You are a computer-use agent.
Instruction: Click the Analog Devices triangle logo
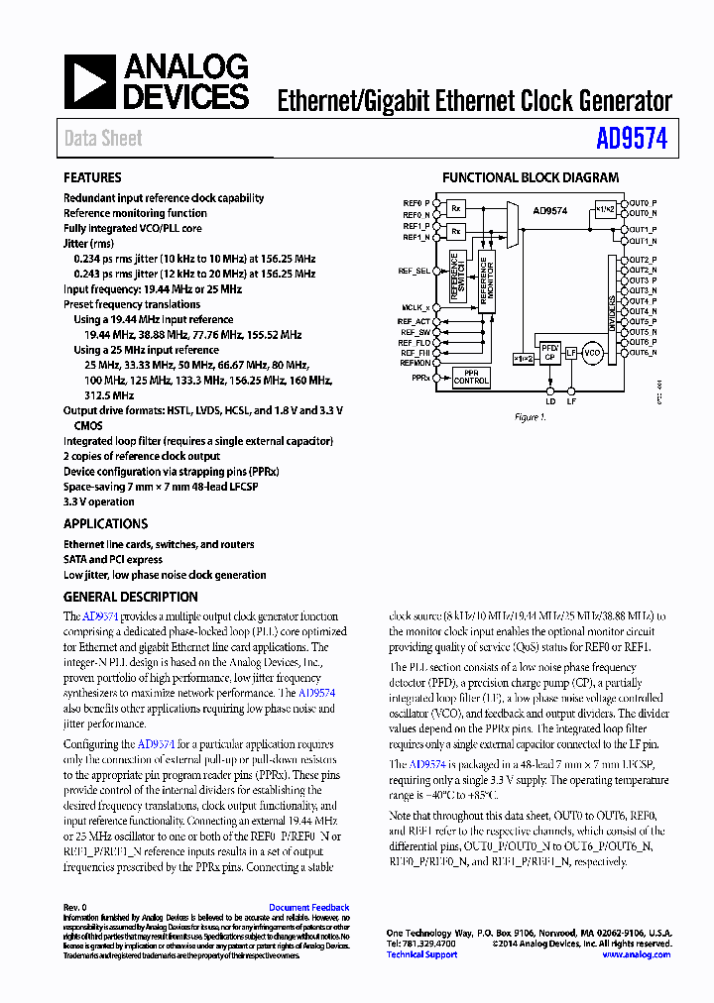tap(90, 81)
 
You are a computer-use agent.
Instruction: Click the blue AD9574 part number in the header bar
tap(632, 139)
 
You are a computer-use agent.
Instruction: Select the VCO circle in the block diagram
tap(592, 354)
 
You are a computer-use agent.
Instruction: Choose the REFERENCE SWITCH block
tap(456, 278)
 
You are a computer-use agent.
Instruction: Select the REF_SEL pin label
tap(416, 271)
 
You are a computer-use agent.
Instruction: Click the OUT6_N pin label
tap(643, 353)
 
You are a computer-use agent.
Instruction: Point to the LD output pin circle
tap(550, 389)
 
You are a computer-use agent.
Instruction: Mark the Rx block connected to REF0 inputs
tap(456, 209)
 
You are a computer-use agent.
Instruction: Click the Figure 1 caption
tap(529, 417)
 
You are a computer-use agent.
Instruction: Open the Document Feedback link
tap(308, 908)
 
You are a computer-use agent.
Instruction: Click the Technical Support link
tap(421, 954)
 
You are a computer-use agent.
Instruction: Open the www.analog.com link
tap(636, 954)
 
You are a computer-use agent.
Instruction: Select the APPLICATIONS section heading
tap(105, 523)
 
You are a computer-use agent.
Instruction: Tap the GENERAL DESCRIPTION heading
tap(130, 597)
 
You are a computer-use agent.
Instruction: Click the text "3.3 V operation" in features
tap(99, 502)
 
